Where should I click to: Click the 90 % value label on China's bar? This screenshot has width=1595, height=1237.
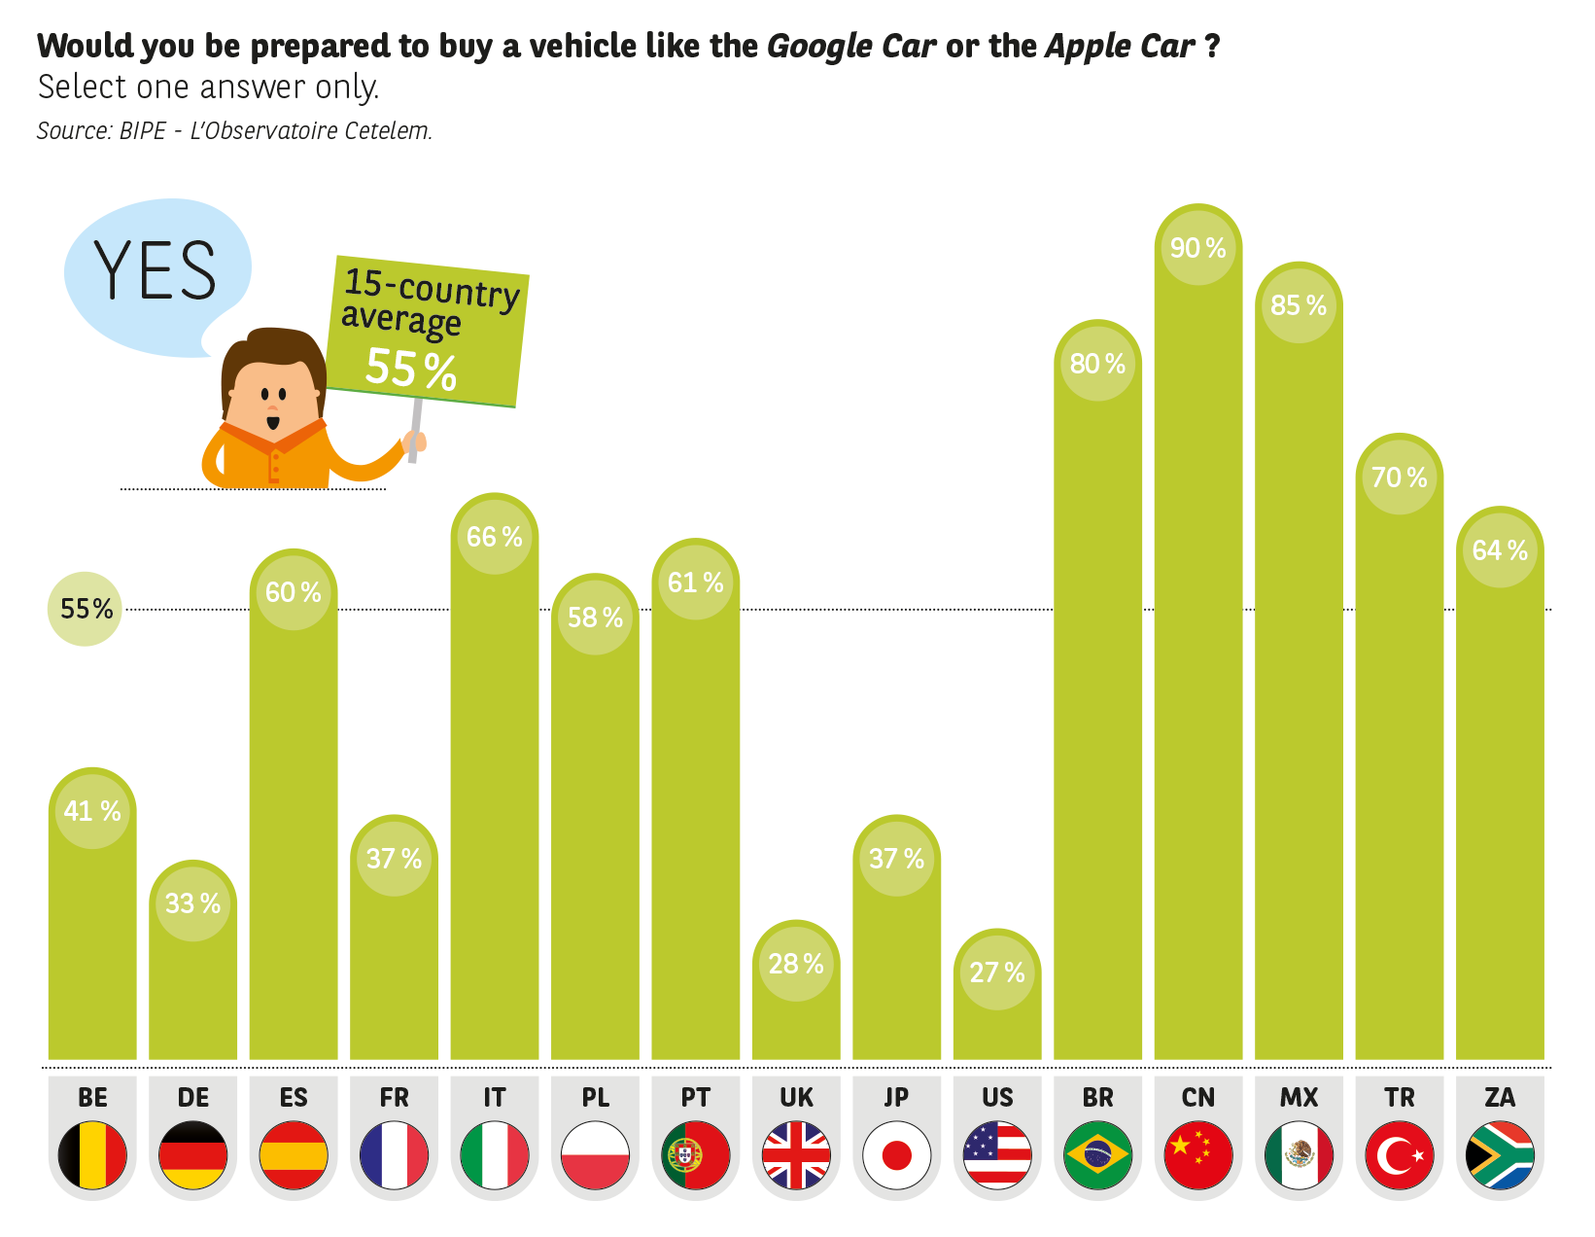point(1197,248)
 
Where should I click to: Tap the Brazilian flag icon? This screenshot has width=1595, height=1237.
point(1097,1154)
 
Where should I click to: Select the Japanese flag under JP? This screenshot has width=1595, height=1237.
point(896,1154)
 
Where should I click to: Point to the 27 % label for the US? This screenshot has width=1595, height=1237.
point(996,972)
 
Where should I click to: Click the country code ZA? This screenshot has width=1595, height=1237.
point(1500,1097)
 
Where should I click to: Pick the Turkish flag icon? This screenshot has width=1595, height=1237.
point(1399,1154)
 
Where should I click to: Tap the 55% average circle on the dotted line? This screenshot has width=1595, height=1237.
point(86,609)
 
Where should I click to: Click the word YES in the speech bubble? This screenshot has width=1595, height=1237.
point(156,270)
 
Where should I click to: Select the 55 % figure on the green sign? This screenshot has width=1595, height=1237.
point(411,370)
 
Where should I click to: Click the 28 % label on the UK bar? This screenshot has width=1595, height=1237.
point(795,963)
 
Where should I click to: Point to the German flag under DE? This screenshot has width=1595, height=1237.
point(192,1154)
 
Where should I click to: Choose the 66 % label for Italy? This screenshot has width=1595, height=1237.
point(494,536)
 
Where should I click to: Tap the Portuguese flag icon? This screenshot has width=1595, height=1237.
point(695,1154)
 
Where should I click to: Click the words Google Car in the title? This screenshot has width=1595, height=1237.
point(850,46)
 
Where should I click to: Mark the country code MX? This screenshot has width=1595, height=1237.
point(1299,1097)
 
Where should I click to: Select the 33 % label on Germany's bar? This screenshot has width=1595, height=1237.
point(192,902)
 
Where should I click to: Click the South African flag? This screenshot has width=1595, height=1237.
point(1500,1154)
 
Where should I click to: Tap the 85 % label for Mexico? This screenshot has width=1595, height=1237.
point(1299,305)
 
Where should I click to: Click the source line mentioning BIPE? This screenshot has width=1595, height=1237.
point(234,130)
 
